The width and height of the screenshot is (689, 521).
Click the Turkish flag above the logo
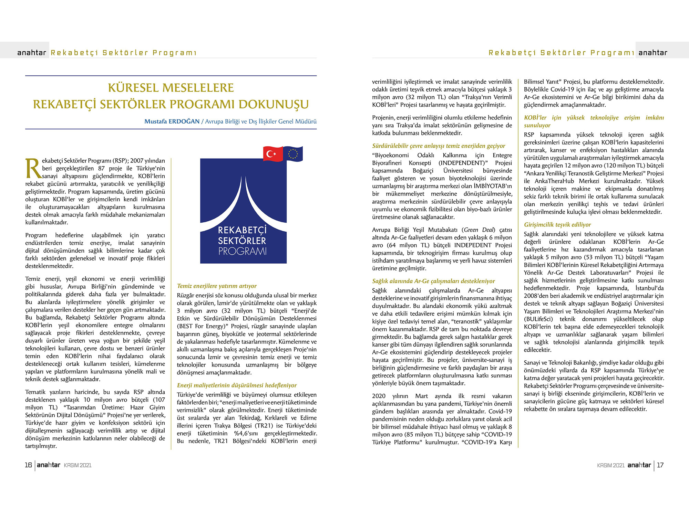272,154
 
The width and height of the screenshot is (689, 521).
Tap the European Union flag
293,153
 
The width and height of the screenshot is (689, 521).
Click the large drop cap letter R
33,169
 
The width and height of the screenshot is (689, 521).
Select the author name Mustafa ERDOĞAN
172,121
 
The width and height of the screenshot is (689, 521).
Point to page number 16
28,465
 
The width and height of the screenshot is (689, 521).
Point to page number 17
660,465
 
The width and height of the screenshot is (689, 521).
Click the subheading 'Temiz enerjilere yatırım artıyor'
217,286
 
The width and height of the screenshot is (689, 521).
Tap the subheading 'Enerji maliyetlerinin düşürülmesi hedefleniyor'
237,385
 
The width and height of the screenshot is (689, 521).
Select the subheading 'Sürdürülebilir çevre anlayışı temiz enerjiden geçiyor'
439,146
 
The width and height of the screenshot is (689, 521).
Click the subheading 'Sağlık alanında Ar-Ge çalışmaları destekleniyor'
433,281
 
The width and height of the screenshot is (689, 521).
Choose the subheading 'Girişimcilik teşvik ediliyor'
557,225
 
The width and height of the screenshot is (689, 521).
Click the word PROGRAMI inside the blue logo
243,251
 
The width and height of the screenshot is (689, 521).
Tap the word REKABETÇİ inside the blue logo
243,230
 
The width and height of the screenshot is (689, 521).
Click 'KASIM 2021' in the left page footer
78,466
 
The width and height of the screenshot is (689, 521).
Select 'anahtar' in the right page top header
652,53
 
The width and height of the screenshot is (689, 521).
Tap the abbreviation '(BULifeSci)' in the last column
538,319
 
